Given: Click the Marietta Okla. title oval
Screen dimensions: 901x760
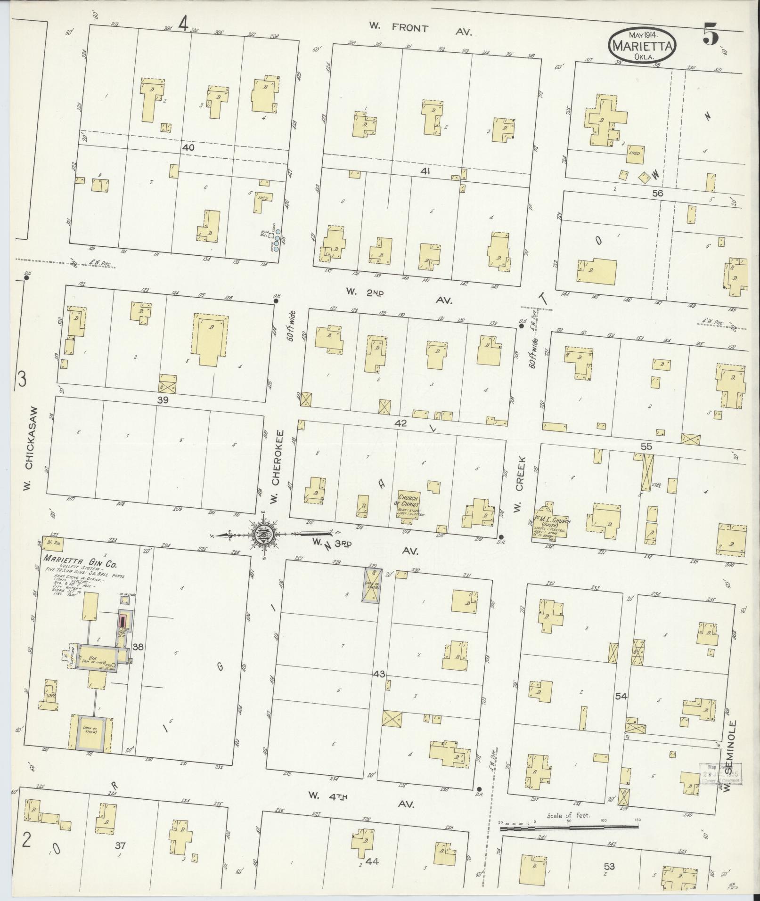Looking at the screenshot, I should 643,45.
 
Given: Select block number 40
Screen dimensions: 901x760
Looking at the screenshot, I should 188,147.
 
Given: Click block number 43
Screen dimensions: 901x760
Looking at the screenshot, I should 379,674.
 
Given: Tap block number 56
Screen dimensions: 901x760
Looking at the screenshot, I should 657,193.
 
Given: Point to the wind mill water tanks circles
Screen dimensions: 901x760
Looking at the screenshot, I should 278,240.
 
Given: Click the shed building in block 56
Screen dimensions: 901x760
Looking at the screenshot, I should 635,153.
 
